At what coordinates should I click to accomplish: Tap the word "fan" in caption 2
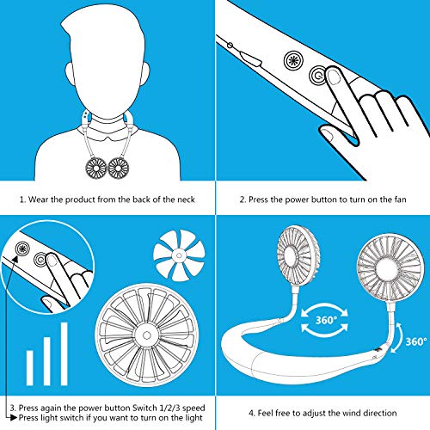(x=400, y=200)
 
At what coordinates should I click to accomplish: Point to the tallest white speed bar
(x=64, y=353)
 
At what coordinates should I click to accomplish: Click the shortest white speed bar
(x=30, y=368)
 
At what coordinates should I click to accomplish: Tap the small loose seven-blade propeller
(x=179, y=255)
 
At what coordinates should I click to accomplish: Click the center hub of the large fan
(x=147, y=335)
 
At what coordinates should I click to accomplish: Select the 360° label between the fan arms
(x=326, y=320)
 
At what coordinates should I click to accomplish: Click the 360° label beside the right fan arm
(x=416, y=341)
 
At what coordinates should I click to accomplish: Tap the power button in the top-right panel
(x=318, y=76)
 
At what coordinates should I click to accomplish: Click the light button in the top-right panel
(x=293, y=60)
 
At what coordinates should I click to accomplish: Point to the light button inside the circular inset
(x=21, y=249)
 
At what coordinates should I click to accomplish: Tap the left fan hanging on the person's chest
(x=96, y=168)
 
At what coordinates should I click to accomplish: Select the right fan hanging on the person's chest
(x=119, y=168)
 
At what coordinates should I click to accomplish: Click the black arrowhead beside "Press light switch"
(x=14, y=418)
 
